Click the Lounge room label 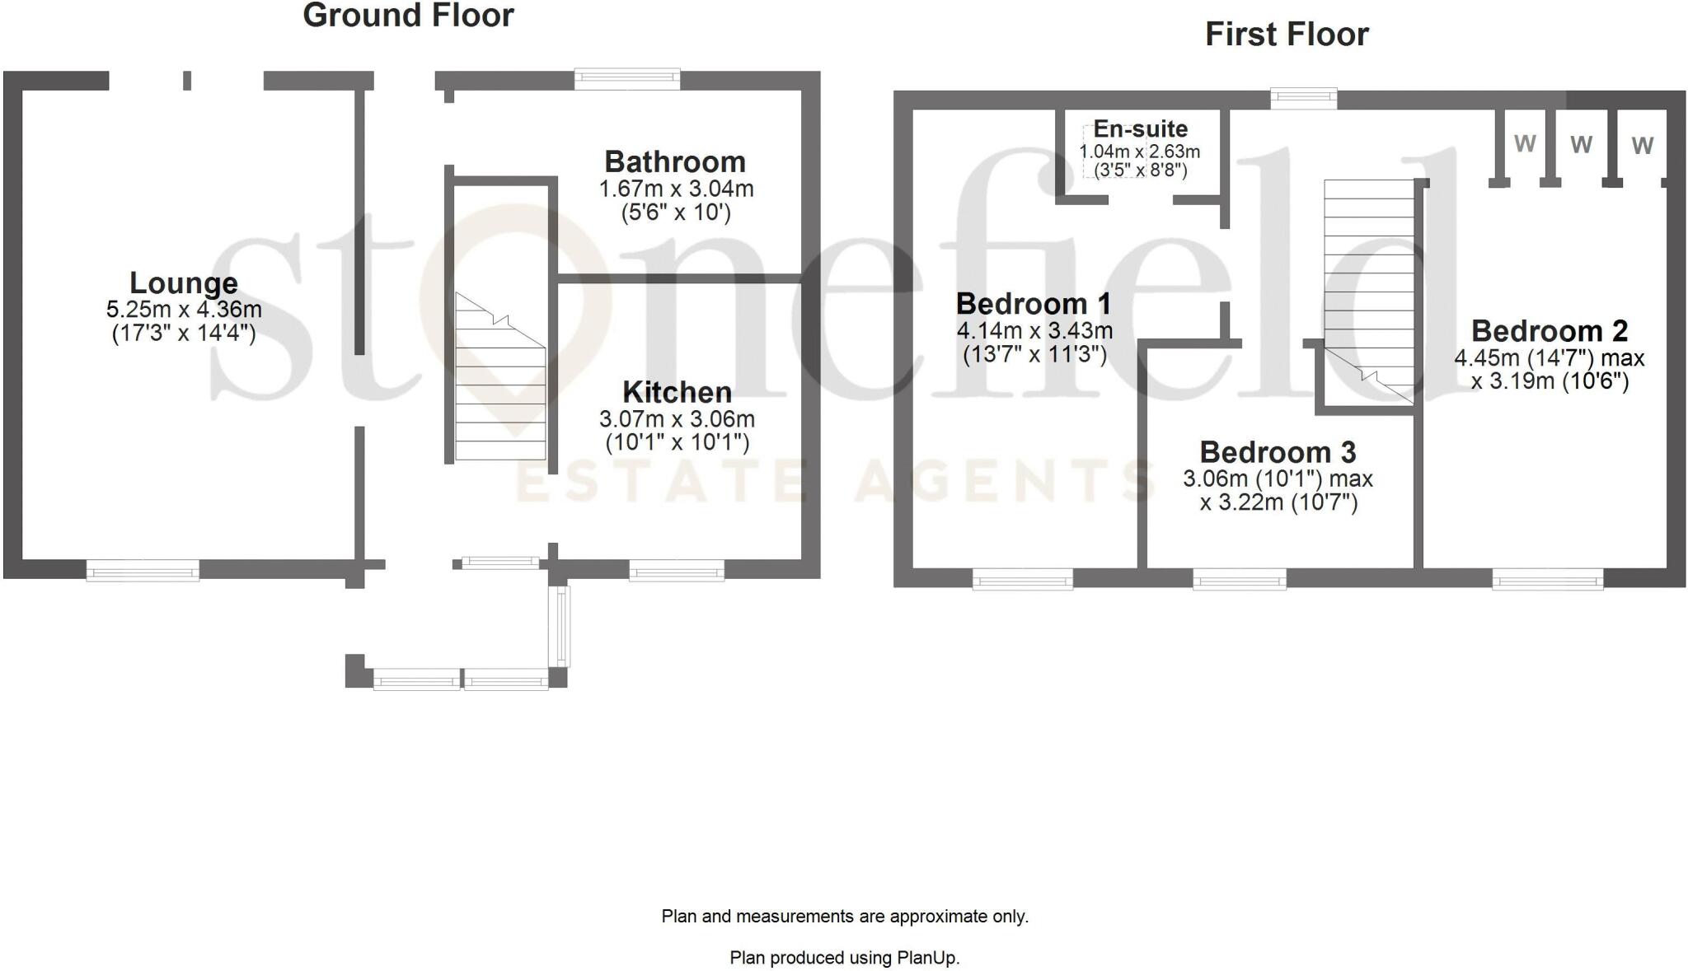coord(184,283)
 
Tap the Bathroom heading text coord(675,161)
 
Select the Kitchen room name coord(677,391)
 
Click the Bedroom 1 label coord(1034,304)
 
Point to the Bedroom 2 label coord(1550,331)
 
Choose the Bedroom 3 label coord(1278,452)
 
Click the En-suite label coord(1140,129)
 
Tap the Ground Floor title coord(408,16)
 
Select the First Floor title coord(1287,35)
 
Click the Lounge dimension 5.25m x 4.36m coord(184,310)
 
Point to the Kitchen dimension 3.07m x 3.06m coord(677,419)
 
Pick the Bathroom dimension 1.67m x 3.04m coord(676,189)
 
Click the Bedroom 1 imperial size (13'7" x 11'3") coord(1034,355)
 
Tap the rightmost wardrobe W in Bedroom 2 coord(1642,146)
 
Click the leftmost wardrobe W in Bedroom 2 coord(1525,144)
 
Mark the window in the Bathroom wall coord(627,80)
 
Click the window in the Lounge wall coord(143,570)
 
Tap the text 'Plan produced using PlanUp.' coord(844,958)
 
